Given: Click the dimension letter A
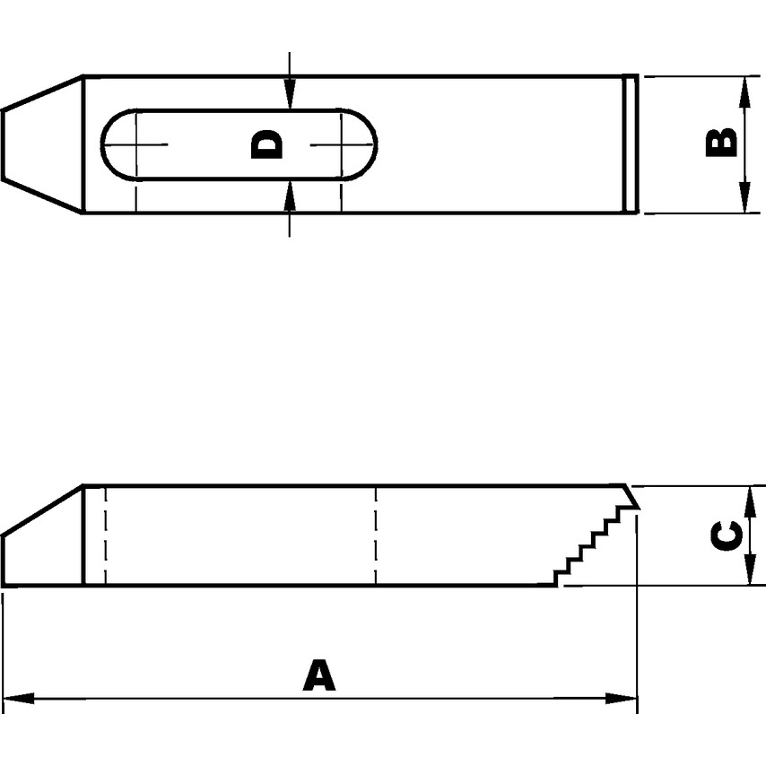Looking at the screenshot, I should click(x=318, y=675).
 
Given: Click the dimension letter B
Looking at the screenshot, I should click(x=721, y=143).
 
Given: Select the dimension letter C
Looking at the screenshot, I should click(x=725, y=536).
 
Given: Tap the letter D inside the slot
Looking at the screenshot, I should click(x=266, y=144).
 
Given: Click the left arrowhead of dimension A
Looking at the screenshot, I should click(x=18, y=698).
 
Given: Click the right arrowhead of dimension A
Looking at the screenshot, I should click(x=622, y=698).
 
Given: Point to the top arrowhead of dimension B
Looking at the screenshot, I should click(x=744, y=90).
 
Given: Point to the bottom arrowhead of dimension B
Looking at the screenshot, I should click(x=744, y=199).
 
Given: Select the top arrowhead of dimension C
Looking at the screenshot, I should click(x=747, y=500).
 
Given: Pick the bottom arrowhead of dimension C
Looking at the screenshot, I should click(x=747, y=571).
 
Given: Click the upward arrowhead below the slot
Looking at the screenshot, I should click(x=289, y=196).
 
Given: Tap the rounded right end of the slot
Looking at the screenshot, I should click(x=366, y=144).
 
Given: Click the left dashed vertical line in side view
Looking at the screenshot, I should click(x=105, y=535).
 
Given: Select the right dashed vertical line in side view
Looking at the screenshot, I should click(x=376, y=535).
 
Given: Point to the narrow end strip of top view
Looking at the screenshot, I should click(x=631, y=144).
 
